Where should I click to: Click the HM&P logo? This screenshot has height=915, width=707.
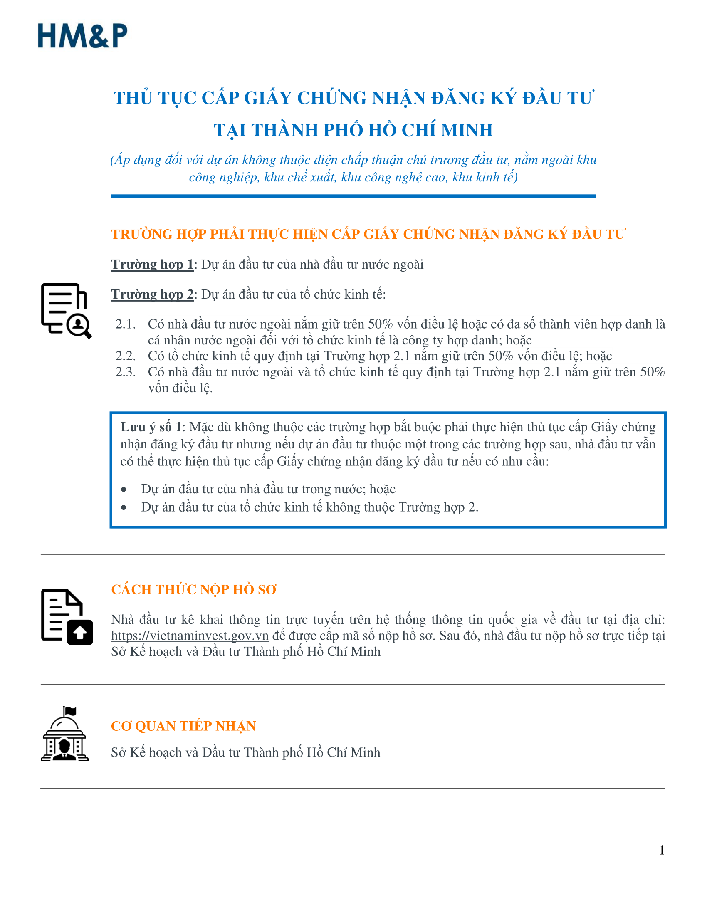[x=82, y=36]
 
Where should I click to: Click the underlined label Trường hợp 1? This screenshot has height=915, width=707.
[x=152, y=265]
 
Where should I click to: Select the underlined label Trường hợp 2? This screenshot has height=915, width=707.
[x=152, y=294]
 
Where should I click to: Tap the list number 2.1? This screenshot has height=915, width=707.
[x=126, y=324]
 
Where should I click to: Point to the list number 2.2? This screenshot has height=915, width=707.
[x=126, y=356]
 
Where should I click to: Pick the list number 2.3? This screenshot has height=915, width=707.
[x=126, y=371]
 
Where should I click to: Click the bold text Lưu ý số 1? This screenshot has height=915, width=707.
[x=151, y=427]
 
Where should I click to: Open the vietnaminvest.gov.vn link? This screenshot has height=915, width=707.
[x=190, y=636]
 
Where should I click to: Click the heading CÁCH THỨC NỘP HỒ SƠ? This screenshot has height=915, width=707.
[x=193, y=589]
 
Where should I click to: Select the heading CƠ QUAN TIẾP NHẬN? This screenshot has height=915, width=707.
[x=183, y=726]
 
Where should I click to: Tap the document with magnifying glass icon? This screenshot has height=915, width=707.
[x=66, y=311]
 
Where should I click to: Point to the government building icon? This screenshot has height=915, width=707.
[x=64, y=734]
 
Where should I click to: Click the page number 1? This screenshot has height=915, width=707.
[x=662, y=850]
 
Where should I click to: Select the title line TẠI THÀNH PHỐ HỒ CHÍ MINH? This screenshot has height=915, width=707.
[x=353, y=130]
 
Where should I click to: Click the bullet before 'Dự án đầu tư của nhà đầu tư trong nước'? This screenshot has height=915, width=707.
[x=124, y=490]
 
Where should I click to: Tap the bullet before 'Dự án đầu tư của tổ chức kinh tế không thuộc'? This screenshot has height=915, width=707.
[x=124, y=507]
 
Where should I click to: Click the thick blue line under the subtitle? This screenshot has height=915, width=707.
[x=353, y=196]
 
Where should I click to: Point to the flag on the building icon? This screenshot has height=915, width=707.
[x=69, y=711]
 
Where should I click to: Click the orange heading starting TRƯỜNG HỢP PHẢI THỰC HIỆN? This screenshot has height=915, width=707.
[x=368, y=234]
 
